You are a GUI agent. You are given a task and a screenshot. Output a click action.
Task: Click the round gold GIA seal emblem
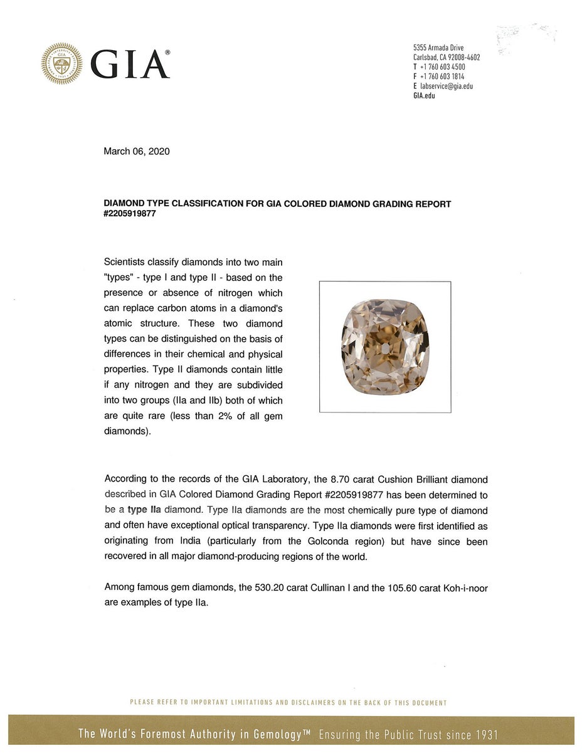click(61, 63)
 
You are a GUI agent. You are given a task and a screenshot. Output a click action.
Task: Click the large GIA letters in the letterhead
click(130, 65)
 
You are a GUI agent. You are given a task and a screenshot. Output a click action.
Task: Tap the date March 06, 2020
click(136, 151)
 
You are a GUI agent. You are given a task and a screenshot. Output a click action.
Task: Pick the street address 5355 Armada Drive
click(438, 48)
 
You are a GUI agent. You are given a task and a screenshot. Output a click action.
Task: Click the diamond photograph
click(385, 347)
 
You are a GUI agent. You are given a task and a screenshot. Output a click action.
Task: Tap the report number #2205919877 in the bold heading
click(130, 213)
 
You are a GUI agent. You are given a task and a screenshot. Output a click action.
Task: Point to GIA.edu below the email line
click(424, 95)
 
